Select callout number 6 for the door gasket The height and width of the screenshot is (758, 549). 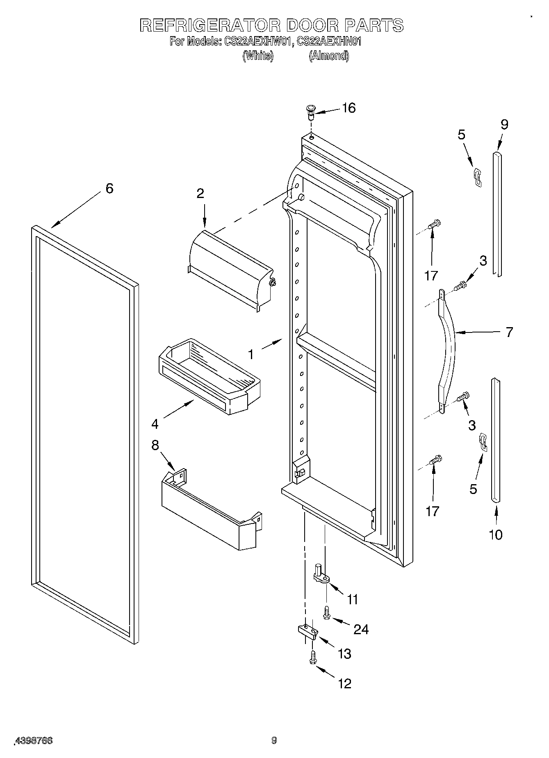pos(109,189)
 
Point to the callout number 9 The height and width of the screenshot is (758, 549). pos(504,125)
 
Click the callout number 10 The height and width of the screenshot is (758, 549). pos(495,535)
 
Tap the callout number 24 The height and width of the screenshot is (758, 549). pos(361,629)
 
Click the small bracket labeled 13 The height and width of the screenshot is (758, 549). pos(306,631)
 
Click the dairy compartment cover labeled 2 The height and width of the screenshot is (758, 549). pos(230,271)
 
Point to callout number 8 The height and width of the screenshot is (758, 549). pos(155,445)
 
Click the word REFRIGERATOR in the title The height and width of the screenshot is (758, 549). pos(210,25)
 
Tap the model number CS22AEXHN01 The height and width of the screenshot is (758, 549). pos(329,42)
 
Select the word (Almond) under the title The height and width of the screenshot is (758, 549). pos(329,56)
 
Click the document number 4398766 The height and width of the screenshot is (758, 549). pos(34,740)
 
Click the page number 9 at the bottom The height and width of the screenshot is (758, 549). pos(274,740)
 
